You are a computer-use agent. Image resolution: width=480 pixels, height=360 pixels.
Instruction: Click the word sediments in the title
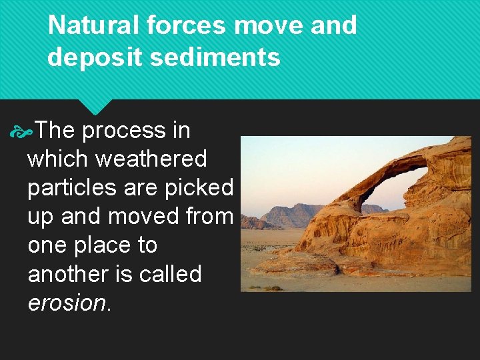tap(215, 57)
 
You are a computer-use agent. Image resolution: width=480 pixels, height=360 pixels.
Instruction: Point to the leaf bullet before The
tap(21, 131)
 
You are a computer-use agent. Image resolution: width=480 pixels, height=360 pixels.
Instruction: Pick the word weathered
tap(151, 159)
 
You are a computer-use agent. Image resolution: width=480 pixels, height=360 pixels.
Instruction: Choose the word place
tap(105, 245)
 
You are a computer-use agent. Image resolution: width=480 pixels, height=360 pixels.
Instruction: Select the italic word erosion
tap(66, 303)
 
